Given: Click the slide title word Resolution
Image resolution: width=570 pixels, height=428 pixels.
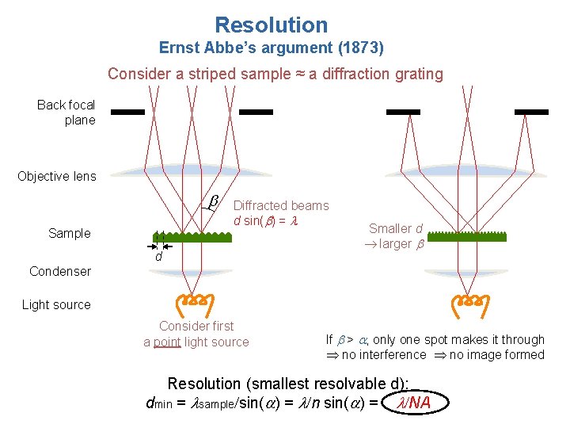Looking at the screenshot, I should [x=271, y=25].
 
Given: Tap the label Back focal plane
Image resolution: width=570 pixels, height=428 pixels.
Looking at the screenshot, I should [x=66, y=113].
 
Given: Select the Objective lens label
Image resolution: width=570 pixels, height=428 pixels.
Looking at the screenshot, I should [x=57, y=176].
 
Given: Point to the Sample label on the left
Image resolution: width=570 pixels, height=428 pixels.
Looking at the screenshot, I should [x=70, y=233].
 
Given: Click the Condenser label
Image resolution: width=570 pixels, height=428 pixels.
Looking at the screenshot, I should [x=60, y=271].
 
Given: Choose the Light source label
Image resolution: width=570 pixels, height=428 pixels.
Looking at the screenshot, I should [x=56, y=304].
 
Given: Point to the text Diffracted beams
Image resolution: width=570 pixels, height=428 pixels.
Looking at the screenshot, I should [x=281, y=205].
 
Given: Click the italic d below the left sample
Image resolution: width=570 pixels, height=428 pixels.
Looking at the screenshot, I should [x=158, y=257].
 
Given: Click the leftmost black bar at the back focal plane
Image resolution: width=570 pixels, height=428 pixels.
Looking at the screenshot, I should [x=127, y=113].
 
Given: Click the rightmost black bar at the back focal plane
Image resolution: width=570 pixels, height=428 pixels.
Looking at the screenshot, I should [x=531, y=113].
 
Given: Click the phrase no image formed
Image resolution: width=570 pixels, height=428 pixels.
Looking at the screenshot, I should [x=497, y=354].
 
